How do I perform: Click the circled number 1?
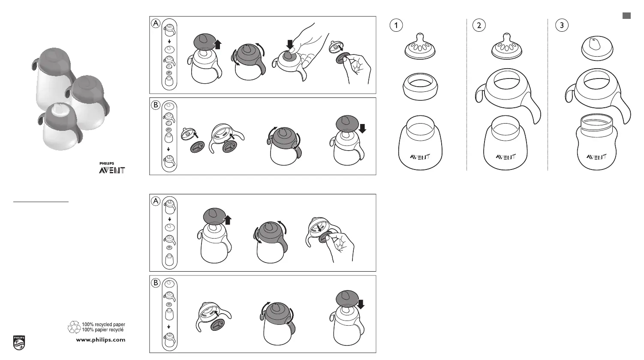(396, 25)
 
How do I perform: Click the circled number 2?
(478, 25)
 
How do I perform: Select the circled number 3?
(562, 25)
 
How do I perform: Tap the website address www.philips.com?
(101, 340)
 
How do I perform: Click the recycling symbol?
(74, 327)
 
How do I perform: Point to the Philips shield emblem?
(19, 343)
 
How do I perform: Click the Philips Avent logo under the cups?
(112, 168)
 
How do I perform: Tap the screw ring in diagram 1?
(420, 87)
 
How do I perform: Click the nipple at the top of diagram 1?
(420, 46)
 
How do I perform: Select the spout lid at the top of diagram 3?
(597, 48)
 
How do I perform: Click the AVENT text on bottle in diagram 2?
(506, 157)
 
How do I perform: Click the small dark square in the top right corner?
(626, 16)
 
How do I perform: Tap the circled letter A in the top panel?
(156, 23)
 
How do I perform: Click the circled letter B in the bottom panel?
(156, 283)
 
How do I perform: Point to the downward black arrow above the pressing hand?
(290, 45)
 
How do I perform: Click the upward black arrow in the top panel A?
(218, 45)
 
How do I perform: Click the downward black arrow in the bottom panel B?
(361, 304)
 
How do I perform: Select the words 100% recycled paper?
(103, 325)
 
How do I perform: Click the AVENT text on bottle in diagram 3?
(596, 157)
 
